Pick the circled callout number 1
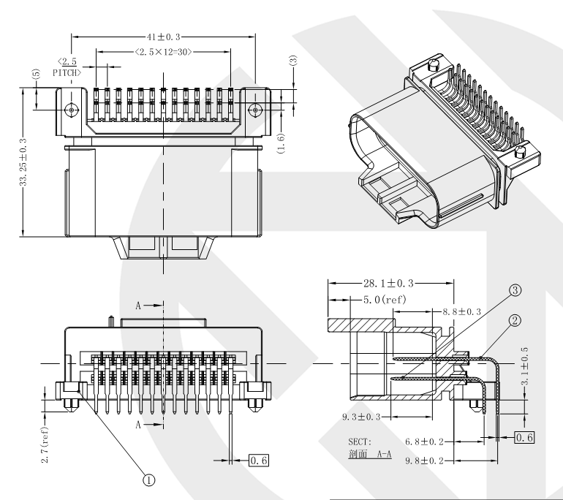click(148, 480)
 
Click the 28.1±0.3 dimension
click(392, 282)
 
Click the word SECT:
click(360, 442)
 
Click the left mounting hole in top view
click(71, 110)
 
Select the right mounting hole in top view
click(254, 110)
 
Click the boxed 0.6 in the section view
click(524, 437)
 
